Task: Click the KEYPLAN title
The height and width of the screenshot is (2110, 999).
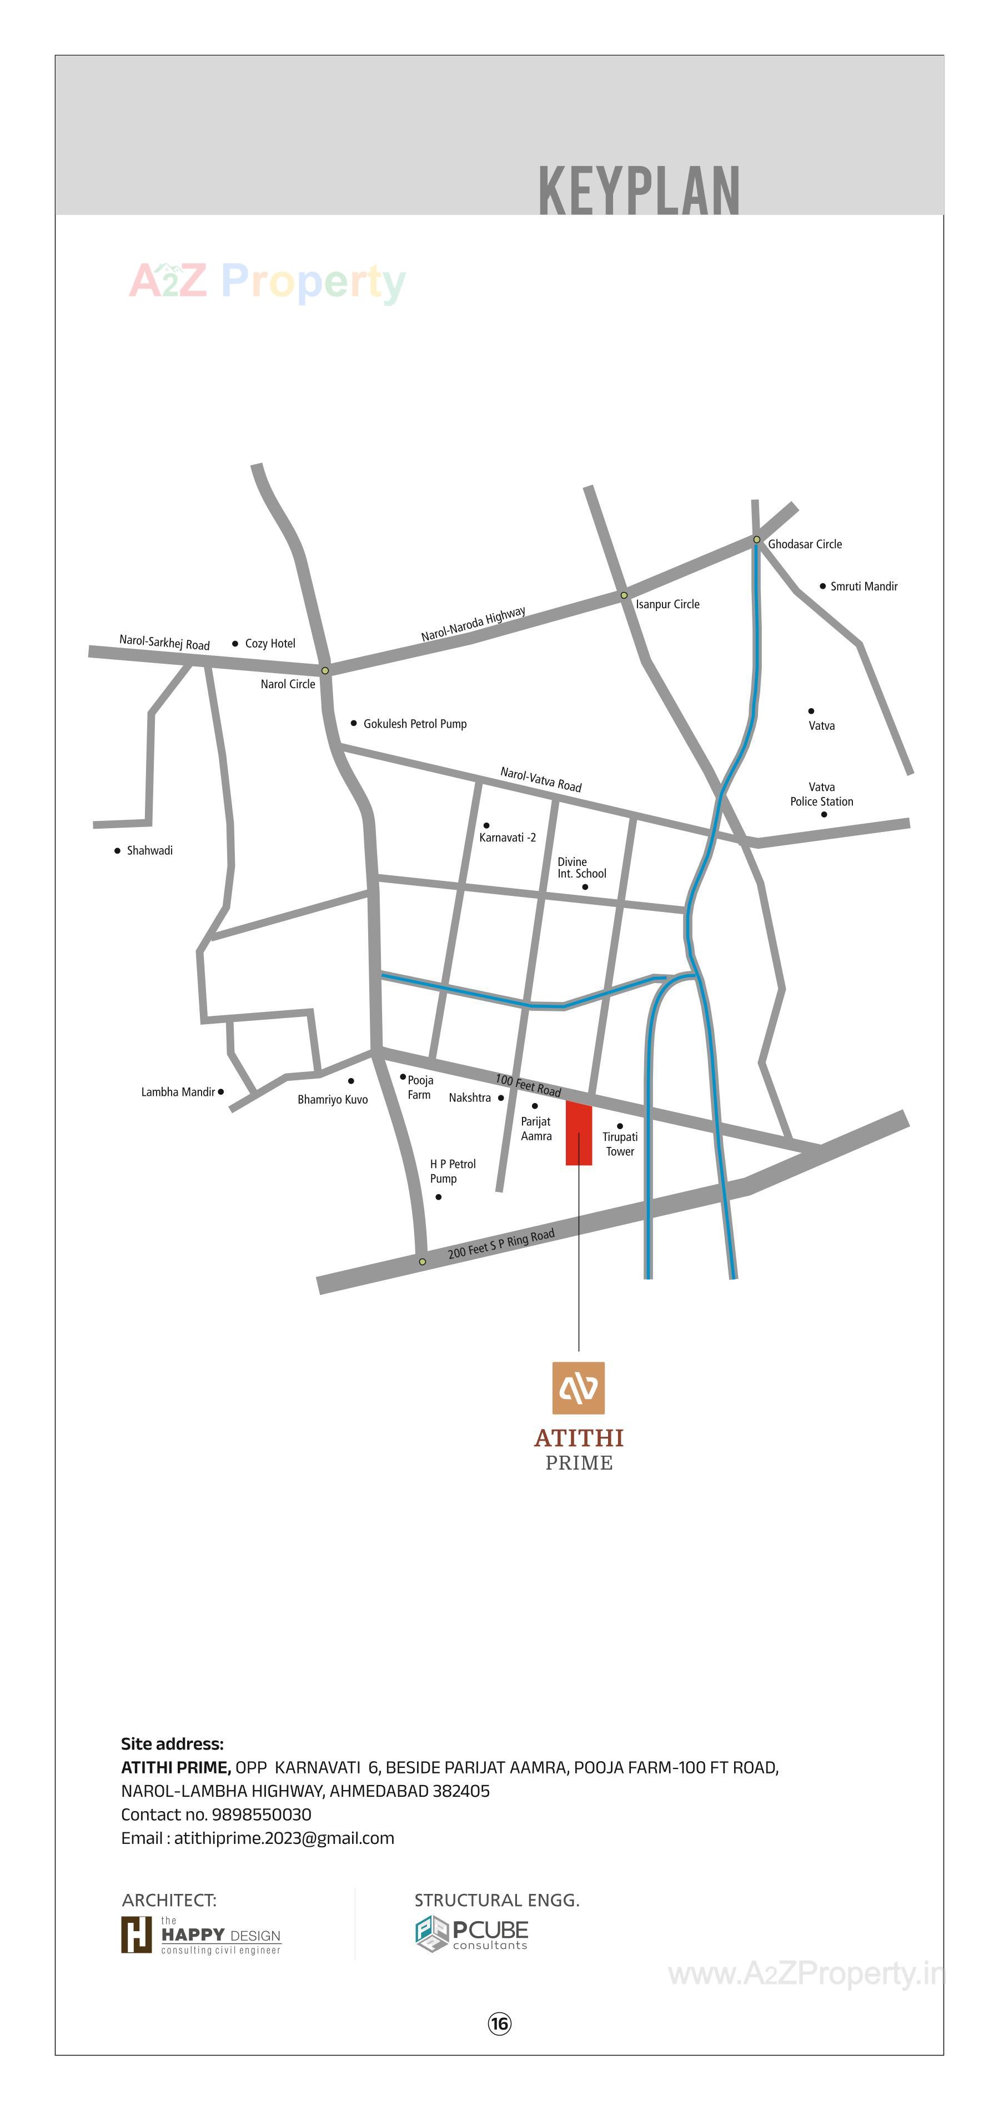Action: click(x=639, y=191)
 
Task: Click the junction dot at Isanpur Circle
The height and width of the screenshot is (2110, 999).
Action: click(x=624, y=595)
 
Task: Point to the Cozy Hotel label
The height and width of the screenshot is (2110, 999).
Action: click(x=270, y=644)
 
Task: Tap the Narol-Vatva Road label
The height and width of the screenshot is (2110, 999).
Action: click(x=540, y=780)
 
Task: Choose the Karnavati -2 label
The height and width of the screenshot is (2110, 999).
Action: click(x=507, y=837)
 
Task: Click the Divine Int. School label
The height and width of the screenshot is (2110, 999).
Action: click(x=581, y=868)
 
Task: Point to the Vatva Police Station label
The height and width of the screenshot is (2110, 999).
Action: click(x=821, y=795)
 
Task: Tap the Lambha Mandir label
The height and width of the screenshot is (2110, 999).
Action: click(x=178, y=1092)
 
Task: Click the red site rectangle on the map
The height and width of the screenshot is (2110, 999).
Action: click(x=579, y=1134)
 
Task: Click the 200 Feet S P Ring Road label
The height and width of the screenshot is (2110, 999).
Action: click(x=501, y=1244)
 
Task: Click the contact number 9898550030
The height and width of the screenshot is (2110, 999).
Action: click(x=261, y=1815)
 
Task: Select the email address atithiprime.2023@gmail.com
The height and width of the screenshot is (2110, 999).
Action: click(x=284, y=1838)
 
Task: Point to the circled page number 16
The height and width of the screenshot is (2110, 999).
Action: click(x=500, y=2024)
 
